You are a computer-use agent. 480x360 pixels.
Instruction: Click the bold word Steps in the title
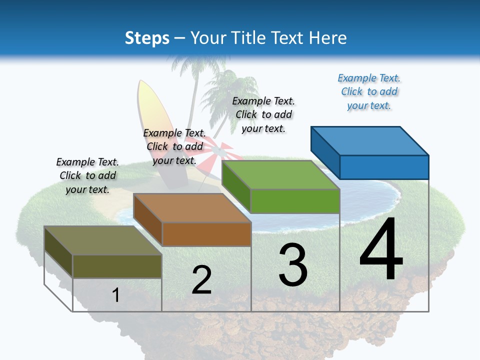click(x=146, y=38)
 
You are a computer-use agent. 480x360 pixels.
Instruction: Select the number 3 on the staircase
click(x=293, y=264)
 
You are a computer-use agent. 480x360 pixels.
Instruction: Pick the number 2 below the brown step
click(x=202, y=280)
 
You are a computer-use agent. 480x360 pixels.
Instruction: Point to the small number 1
click(x=115, y=295)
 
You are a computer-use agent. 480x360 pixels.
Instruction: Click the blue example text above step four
click(x=369, y=92)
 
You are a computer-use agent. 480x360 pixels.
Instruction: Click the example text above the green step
click(x=263, y=114)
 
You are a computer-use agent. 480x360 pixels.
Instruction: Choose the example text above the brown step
click(x=174, y=146)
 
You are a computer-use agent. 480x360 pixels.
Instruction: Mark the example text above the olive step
click(x=87, y=175)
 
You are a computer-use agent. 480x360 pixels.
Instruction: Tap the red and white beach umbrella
click(x=218, y=152)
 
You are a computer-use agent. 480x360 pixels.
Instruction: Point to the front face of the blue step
click(x=384, y=167)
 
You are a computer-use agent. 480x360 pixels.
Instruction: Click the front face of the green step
click(x=295, y=201)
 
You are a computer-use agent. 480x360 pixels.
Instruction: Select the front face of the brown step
click(x=206, y=234)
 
